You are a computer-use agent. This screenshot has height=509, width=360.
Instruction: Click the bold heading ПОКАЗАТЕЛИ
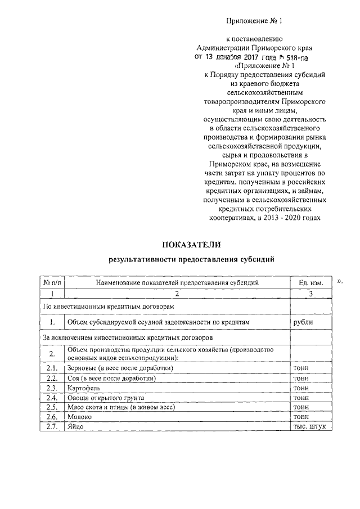192,244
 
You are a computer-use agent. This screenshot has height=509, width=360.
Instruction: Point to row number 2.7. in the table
52,427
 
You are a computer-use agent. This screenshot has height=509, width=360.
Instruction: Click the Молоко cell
79,417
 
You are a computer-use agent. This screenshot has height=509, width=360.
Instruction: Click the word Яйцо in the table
75,427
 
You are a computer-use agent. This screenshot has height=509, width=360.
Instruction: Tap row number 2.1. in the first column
52,368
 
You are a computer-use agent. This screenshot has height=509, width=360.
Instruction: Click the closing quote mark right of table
340,280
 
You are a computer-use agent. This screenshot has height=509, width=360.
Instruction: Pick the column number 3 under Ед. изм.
311,293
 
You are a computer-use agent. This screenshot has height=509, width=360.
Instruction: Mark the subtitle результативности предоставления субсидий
191,259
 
